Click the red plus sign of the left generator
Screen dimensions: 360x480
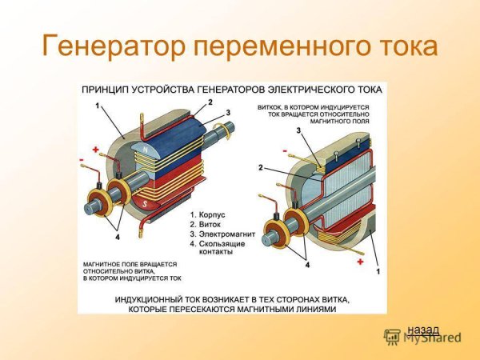pyautogui.click(x=95, y=150)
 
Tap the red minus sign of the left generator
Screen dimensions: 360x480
pyautogui.click(x=82, y=161)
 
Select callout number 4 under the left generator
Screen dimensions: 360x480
pyautogui.click(x=117, y=237)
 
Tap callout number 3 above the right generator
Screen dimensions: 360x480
pyautogui.click(x=298, y=130)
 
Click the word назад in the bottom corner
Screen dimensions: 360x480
pyautogui.click(x=422, y=329)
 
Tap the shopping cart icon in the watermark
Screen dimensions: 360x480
pyautogui.click(x=392, y=337)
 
